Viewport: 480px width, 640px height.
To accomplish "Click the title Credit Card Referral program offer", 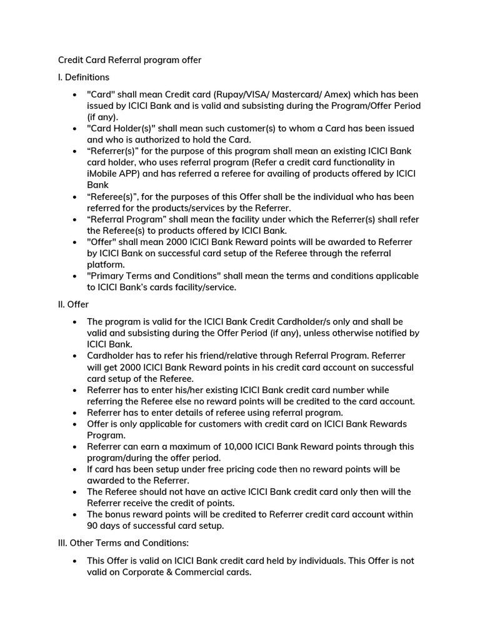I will click(x=129, y=60).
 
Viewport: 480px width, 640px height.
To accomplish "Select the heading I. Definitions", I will click(x=84, y=77).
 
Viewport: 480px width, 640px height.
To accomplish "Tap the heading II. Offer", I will click(x=73, y=304).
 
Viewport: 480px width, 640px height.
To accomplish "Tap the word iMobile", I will click(x=104, y=174).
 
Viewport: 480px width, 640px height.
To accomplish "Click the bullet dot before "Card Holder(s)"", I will click(x=74, y=129).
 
